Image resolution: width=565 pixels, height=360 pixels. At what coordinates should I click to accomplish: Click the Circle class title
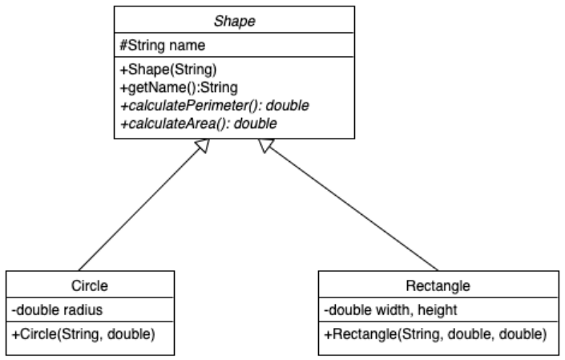click(x=91, y=284)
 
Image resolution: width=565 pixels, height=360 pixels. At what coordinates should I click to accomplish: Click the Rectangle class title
click(x=438, y=284)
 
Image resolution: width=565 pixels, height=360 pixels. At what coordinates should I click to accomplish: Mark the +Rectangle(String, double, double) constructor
click(x=435, y=330)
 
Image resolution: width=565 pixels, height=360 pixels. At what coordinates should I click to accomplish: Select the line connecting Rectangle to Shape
click(x=353, y=210)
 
